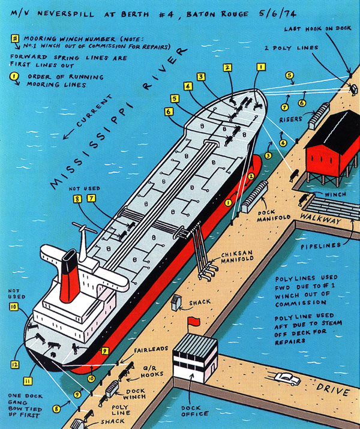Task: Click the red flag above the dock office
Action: (x=194, y=323)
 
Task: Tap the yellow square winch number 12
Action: (x=14, y=364)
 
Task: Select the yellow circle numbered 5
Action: (x=289, y=76)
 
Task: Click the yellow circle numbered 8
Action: (x=56, y=409)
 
